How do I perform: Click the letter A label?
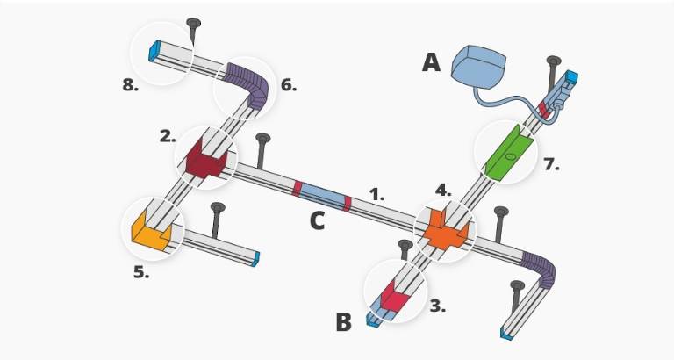tap(431, 62)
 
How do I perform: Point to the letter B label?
tap(345, 323)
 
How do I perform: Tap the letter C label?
tap(317, 220)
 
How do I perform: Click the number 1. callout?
tap(376, 195)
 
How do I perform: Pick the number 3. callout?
tap(438, 306)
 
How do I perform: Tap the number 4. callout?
tap(443, 189)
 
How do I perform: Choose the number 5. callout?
tap(141, 272)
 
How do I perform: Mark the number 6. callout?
tap(289, 85)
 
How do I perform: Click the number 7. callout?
tap(551, 164)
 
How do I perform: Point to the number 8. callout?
tap(131, 85)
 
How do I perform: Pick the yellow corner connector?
tap(151, 232)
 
